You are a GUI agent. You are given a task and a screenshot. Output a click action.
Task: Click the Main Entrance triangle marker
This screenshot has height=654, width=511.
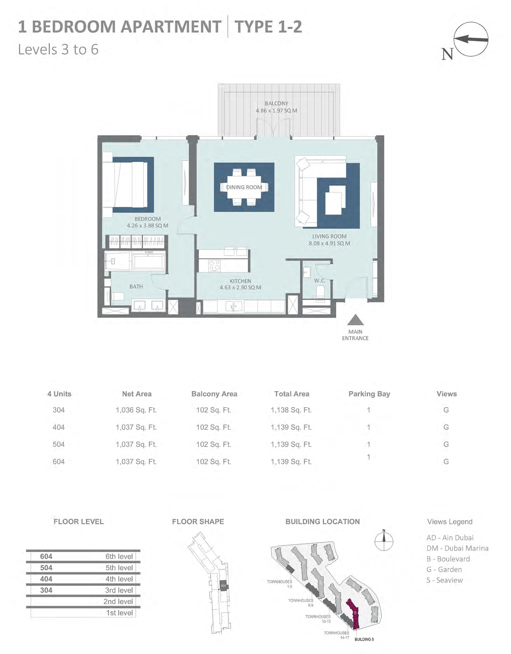click(355, 320)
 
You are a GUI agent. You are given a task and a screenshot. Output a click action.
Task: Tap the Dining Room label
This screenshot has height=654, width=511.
click(244, 187)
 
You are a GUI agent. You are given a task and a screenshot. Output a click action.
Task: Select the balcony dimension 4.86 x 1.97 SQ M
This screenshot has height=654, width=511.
click(276, 111)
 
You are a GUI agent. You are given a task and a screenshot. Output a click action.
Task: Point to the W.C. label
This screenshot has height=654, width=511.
click(320, 281)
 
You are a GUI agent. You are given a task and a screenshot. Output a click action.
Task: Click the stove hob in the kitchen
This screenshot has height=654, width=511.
click(214, 266)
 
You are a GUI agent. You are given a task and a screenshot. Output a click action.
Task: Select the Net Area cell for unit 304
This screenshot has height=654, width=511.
click(136, 410)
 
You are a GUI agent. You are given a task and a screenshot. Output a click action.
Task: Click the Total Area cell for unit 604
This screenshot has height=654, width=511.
click(291, 462)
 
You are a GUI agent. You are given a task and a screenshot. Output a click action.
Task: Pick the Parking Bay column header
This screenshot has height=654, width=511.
click(369, 394)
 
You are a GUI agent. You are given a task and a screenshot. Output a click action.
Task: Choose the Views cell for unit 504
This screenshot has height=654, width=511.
click(446, 444)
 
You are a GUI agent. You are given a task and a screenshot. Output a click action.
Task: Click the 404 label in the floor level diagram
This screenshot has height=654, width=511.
click(46, 579)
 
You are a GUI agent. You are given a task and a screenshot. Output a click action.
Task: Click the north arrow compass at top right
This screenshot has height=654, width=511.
click(471, 39)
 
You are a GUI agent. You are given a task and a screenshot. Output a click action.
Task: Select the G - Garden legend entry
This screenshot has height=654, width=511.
click(444, 570)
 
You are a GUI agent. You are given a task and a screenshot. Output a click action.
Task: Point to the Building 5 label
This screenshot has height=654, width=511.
click(364, 639)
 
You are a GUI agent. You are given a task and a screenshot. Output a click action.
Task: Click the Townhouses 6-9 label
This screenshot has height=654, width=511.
click(301, 603)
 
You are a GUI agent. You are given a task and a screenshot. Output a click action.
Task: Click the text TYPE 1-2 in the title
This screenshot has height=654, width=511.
click(268, 27)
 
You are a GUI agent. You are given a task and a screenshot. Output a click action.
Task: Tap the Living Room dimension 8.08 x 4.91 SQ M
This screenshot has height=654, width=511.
click(329, 244)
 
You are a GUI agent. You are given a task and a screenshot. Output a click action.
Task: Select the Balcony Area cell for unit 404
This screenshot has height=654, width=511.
click(213, 427)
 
